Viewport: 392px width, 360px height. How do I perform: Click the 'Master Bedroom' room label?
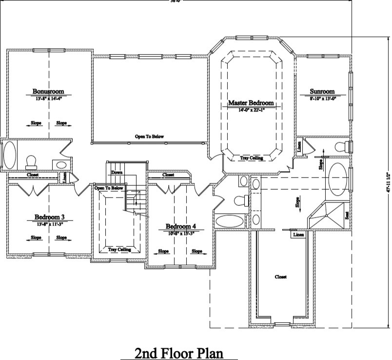(x=251, y=103)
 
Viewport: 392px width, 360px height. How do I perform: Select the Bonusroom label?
(x=48, y=91)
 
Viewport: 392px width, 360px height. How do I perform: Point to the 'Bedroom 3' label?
(x=49, y=217)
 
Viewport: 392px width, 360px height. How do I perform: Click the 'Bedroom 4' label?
(x=180, y=226)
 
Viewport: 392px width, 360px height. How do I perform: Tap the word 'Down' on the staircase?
(x=117, y=173)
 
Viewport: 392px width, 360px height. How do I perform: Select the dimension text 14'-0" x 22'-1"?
(x=251, y=110)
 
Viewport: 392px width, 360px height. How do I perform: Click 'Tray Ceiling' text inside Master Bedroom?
(x=251, y=158)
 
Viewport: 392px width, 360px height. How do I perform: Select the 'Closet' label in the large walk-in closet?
(x=280, y=277)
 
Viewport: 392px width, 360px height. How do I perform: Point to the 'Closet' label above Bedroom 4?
(x=168, y=175)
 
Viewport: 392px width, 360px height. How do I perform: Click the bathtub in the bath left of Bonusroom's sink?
(x=9, y=155)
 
